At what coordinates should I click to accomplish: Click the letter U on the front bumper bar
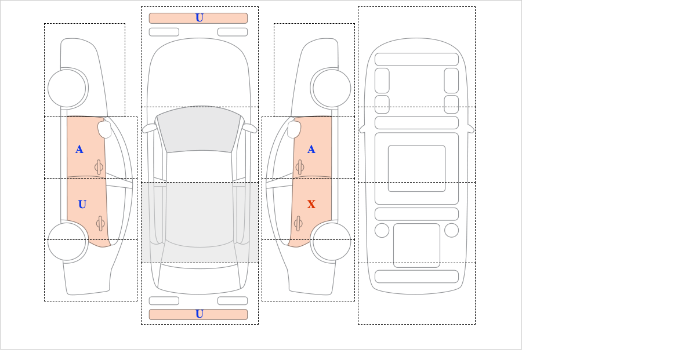[x=200, y=18]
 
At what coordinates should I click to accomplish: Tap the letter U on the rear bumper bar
[x=200, y=314]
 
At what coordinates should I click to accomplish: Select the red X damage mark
[x=311, y=205]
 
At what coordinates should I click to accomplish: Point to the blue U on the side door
[x=82, y=205]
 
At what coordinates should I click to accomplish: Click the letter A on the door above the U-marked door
[x=79, y=150]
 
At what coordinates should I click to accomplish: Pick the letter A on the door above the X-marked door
[x=311, y=150]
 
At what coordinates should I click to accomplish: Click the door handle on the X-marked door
[x=299, y=223]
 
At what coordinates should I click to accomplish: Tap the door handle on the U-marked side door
[x=100, y=223]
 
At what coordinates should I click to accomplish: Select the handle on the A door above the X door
[x=300, y=167]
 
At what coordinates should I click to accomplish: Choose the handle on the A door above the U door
[x=99, y=167]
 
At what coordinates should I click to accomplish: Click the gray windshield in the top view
[x=199, y=130]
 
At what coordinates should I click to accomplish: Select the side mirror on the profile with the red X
[x=294, y=129]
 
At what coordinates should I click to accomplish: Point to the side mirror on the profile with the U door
[x=104, y=129]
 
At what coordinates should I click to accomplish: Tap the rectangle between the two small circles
[x=416, y=245]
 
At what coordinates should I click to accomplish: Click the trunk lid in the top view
[x=199, y=279]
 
